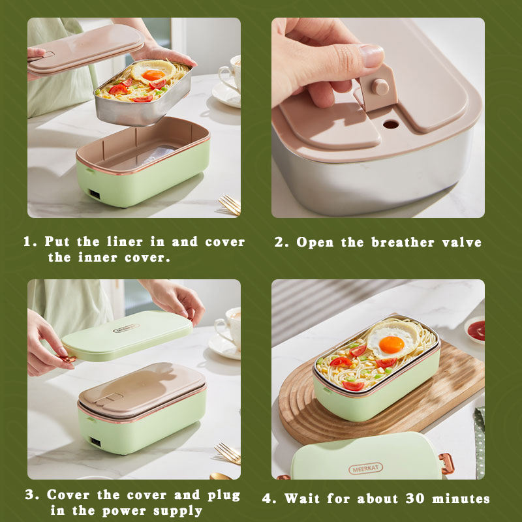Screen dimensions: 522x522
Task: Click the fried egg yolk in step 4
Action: click(391, 344)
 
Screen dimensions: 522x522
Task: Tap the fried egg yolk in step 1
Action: click(154, 74)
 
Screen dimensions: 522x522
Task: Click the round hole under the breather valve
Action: click(391, 123)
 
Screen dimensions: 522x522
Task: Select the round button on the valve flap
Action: click(380, 87)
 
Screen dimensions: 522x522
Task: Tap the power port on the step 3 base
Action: click(95, 441)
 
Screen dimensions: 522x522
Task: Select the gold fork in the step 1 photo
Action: click(230, 204)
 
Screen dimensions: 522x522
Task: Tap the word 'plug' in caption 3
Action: click(223, 495)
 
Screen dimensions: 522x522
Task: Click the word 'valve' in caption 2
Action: click(461, 243)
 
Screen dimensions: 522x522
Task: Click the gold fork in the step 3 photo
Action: click(228, 452)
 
